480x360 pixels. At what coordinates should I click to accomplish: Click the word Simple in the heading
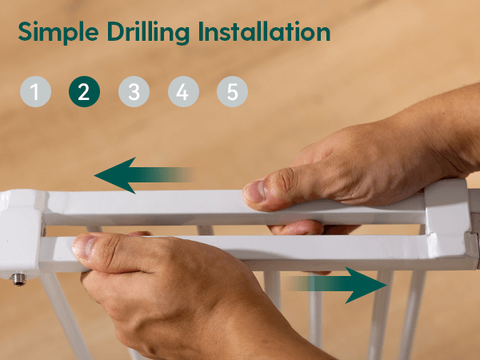coord(58,33)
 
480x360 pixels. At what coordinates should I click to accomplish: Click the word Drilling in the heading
coord(148,33)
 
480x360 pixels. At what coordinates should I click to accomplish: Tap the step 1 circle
coord(35,91)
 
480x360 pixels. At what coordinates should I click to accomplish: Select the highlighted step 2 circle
coord(84,91)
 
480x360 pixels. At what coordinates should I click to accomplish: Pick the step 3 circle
coord(134,91)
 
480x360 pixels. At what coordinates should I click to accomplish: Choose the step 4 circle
coord(183,91)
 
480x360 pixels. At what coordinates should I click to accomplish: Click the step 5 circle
coord(232,91)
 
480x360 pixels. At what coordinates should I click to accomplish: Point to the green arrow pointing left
coord(144,175)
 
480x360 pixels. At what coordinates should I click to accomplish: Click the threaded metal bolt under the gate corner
coord(19,279)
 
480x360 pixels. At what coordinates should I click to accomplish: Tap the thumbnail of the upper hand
coord(254,191)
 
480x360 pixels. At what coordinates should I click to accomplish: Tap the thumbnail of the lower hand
coord(82,246)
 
